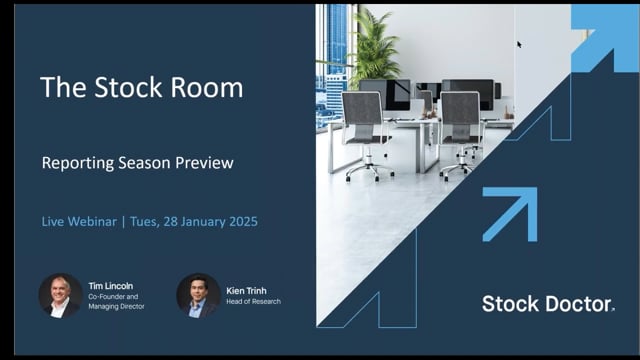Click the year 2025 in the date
pyautogui.click(x=238, y=221)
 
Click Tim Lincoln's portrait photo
pyautogui.click(x=60, y=296)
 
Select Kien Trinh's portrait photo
pyautogui.click(x=198, y=296)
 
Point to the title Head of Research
pyautogui.click(x=254, y=302)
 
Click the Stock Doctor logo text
pyautogui.click(x=547, y=304)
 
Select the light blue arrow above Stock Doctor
pyautogui.click(x=511, y=213)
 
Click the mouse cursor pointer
pyautogui.click(x=519, y=43)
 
